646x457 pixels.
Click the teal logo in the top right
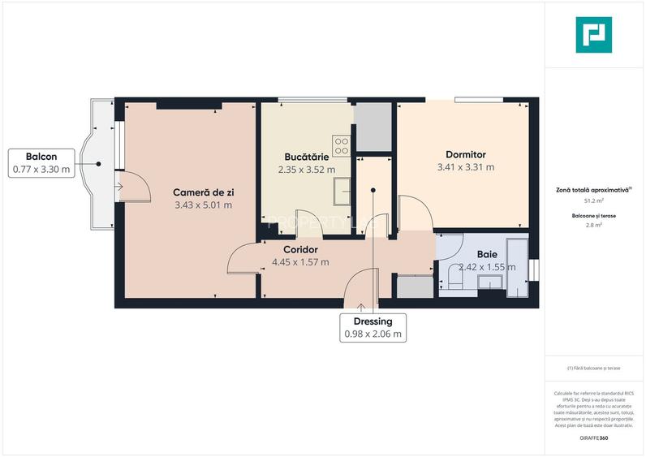[x=593, y=35]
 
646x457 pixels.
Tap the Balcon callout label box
[x=41, y=163]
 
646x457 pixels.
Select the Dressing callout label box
[x=373, y=327]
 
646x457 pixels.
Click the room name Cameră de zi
[x=203, y=192]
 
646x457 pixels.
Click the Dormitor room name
[x=465, y=154]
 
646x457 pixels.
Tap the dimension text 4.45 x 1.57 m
[x=300, y=262]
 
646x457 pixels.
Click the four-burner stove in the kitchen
[x=342, y=145]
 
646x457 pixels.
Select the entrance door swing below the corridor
[x=358, y=291]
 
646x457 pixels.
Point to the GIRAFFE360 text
[x=596, y=438]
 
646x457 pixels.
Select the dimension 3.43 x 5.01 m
[x=203, y=205]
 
